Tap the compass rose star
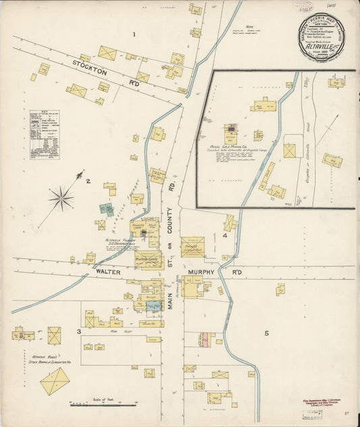tap(61, 198)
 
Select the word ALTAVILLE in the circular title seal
tap(323, 49)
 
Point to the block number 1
tap(134, 34)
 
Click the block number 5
tap(266, 333)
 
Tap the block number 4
tap(224, 236)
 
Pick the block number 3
tap(79, 332)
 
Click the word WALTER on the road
tap(108, 272)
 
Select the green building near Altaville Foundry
tap(106, 209)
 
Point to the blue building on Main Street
tap(154, 306)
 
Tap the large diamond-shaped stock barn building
tap(55, 381)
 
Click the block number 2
tap(88, 180)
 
